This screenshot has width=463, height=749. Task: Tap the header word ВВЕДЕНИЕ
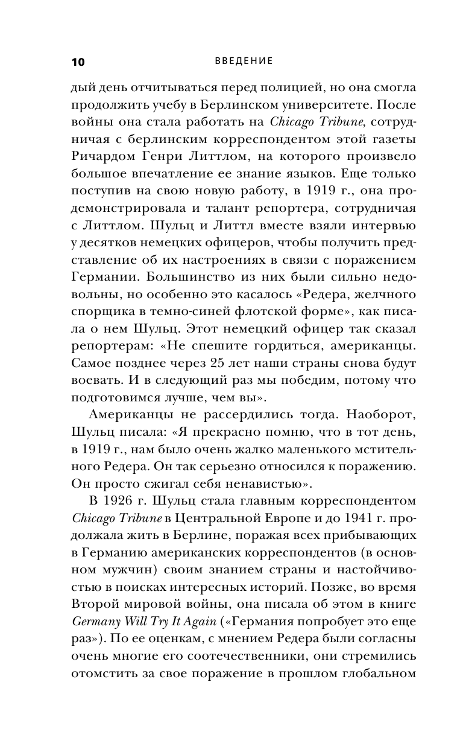click(244, 61)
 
